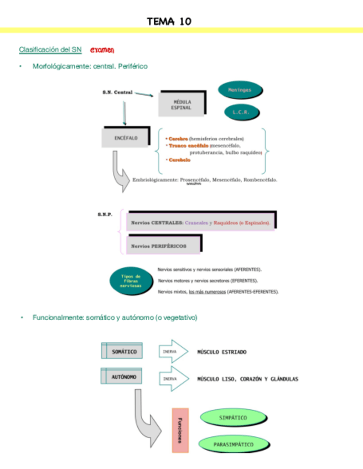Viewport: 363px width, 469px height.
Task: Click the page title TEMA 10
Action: coord(169,22)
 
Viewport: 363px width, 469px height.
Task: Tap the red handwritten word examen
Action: coord(102,50)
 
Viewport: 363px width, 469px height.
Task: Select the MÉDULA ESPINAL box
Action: coord(182,105)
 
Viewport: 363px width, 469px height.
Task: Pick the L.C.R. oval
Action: coord(242,112)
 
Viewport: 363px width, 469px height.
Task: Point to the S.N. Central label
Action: coord(117,92)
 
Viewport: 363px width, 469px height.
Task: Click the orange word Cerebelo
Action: coord(180,160)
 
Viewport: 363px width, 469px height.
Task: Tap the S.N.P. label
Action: coord(105,214)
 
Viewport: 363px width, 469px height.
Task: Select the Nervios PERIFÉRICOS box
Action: coord(164,245)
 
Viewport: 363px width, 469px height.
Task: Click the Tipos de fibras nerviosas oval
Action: coord(131,280)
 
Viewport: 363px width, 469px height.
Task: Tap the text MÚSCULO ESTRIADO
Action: coord(222,352)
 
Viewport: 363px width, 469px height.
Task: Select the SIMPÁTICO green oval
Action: coord(233,418)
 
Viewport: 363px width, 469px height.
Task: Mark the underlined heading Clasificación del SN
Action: coord(50,50)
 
